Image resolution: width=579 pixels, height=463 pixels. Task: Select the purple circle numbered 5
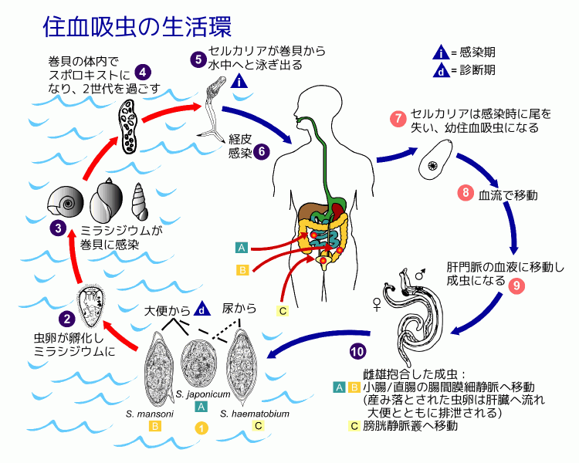click(x=198, y=59)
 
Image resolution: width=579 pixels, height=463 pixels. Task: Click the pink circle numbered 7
click(x=398, y=119)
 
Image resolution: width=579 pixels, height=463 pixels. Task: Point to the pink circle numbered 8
click(x=465, y=193)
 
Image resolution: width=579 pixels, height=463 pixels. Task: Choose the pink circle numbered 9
click(x=516, y=284)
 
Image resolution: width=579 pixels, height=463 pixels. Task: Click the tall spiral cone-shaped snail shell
click(x=139, y=202)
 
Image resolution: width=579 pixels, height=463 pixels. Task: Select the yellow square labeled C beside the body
click(x=283, y=311)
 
